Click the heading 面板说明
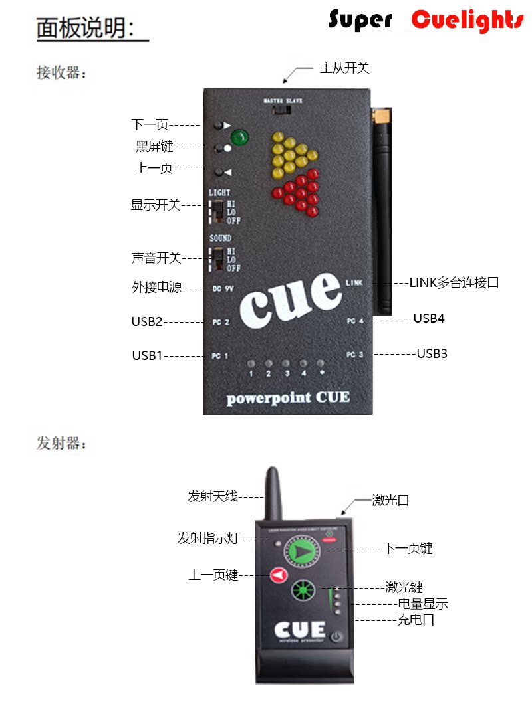click(86, 28)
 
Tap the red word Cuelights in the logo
click(467, 21)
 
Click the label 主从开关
click(344, 68)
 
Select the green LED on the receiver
click(239, 138)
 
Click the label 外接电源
click(156, 288)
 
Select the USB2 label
click(147, 322)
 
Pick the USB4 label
click(429, 318)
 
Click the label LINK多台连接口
click(454, 282)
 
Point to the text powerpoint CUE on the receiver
click(287, 398)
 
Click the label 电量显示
click(422, 604)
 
